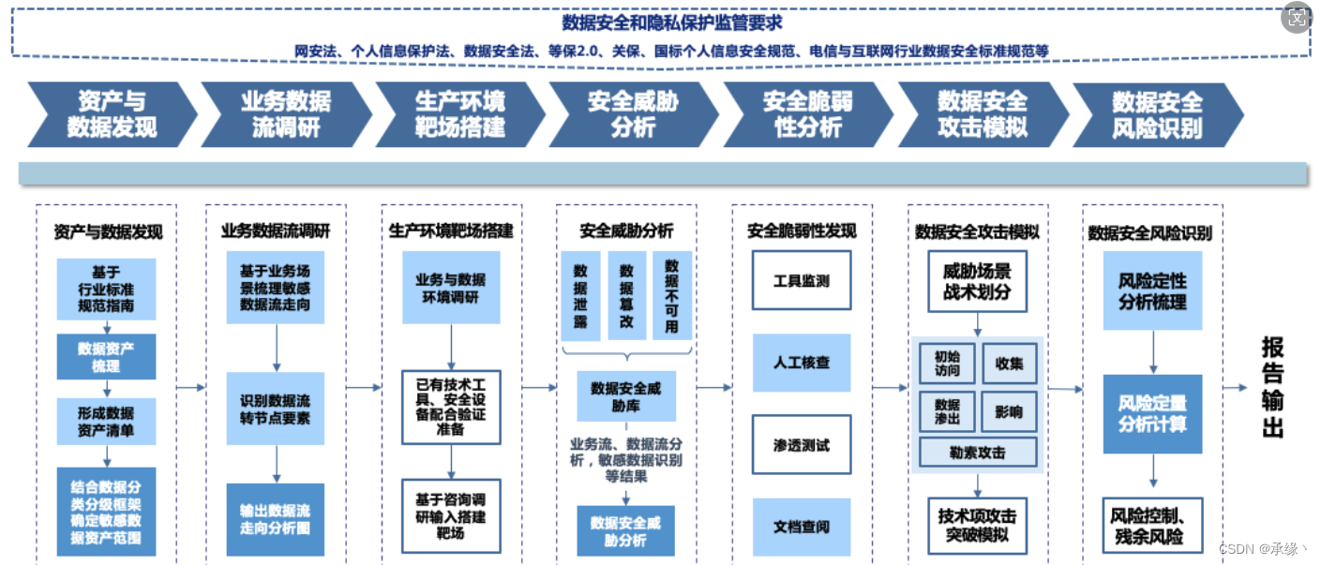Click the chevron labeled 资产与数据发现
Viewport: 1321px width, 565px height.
pyautogui.click(x=111, y=114)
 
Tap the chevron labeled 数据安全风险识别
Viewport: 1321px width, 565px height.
pyautogui.click(x=1156, y=114)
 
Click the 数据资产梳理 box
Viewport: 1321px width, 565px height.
pyautogui.click(x=106, y=357)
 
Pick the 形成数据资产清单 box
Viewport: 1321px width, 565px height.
pyautogui.click(x=106, y=422)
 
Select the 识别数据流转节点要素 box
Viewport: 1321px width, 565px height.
pyautogui.click(x=275, y=409)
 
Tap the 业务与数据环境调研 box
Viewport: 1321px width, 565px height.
pyautogui.click(x=451, y=288)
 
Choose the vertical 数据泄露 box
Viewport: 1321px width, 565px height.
pyautogui.click(x=580, y=295)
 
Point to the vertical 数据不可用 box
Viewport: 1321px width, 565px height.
pyautogui.click(x=671, y=295)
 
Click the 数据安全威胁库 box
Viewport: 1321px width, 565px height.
pyautogui.click(x=625, y=396)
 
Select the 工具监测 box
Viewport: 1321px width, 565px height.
pyautogui.click(x=801, y=280)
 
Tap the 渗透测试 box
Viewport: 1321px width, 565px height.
pyautogui.click(x=801, y=445)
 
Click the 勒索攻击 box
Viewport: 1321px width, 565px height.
pyautogui.click(x=978, y=453)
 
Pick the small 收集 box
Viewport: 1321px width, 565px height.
pyautogui.click(x=1009, y=364)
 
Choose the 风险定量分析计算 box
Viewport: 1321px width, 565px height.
pyautogui.click(x=1152, y=414)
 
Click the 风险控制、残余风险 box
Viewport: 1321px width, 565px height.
pyautogui.click(x=1152, y=527)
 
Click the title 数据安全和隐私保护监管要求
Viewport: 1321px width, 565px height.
pyautogui.click(x=671, y=22)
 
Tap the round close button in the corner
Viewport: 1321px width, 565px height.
pyautogui.click(x=1297, y=19)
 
